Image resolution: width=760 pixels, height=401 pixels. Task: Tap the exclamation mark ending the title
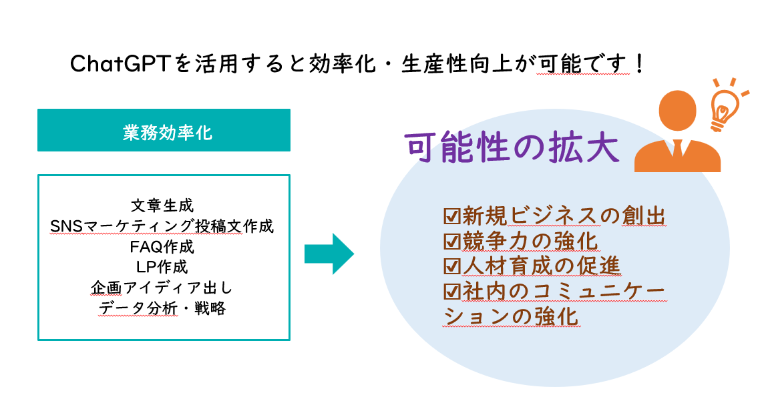(x=640, y=63)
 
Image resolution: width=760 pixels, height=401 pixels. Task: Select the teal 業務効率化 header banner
(x=164, y=130)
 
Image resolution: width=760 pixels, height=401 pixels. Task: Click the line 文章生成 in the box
(x=162, y=206)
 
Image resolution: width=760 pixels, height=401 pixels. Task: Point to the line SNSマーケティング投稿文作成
(x=162, y=226)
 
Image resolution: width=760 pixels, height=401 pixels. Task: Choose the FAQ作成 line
(x=162, y=247)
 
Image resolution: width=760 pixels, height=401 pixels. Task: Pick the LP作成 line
(x=162, y=268)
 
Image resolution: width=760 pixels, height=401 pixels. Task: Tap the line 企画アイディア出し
(x=162, y=288)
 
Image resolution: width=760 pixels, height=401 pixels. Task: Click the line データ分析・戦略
(x=162, y=308)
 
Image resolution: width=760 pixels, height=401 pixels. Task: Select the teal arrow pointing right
(x=329, y=254)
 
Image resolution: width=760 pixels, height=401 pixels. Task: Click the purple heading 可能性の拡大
(x=512, y=147)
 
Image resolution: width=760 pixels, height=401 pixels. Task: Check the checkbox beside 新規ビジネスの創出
(x=451, y=216)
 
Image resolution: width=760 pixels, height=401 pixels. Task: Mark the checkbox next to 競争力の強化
(x=451, y=241)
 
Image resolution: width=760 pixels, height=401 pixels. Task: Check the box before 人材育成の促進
(x=451, y=266)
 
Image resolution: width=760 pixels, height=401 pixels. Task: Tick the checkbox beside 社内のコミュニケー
(x=451, y=291)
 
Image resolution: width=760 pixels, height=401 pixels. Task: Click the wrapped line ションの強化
(x=512, y=317)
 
